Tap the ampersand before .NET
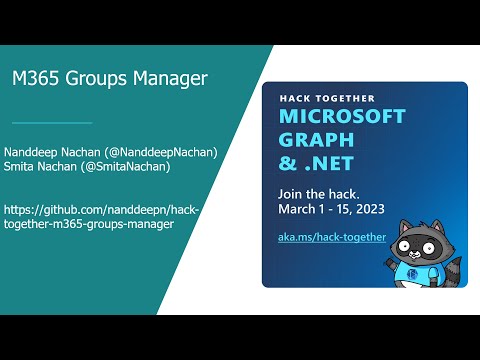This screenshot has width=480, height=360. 288,163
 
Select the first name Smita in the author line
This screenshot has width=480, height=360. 21,166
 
